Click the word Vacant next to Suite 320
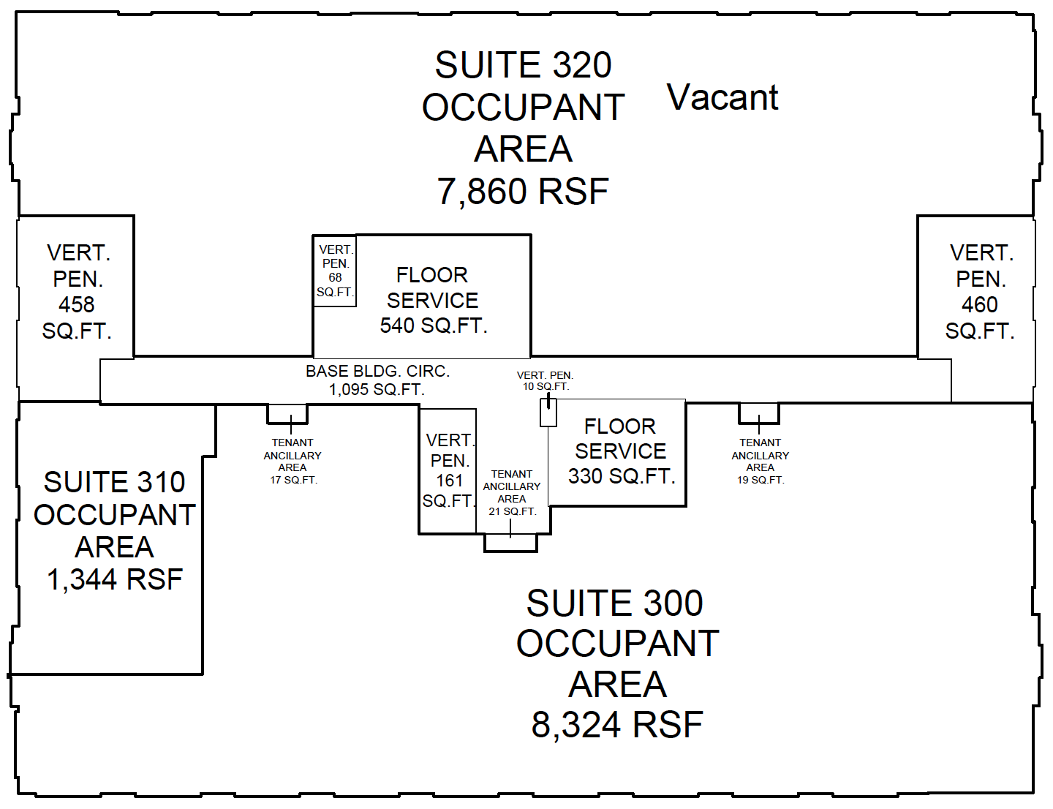point(722,98)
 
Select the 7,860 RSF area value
point(523,192)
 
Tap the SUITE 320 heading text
point(523,65)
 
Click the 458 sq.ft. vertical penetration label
point(77,292)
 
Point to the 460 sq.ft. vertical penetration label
point(980,292)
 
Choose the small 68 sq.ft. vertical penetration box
point(335,271)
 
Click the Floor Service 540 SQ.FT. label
point(433,300)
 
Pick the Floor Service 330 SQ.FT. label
point(621,451)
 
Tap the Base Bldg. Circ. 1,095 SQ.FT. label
point(377,380)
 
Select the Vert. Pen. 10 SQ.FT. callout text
point(546,380)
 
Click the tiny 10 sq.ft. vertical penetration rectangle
point(548,413)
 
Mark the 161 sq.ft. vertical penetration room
point(448,471)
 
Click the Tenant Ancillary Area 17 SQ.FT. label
point(292,461)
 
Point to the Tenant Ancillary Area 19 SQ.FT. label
point(760,461)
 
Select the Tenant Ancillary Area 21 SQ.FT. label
point(512,493)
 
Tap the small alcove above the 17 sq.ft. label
point(287,413)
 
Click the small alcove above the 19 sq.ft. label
point(758,413)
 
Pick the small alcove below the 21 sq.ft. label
point(511,543)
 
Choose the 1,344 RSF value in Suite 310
point(115,579)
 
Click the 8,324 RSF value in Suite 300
point(617,725)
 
